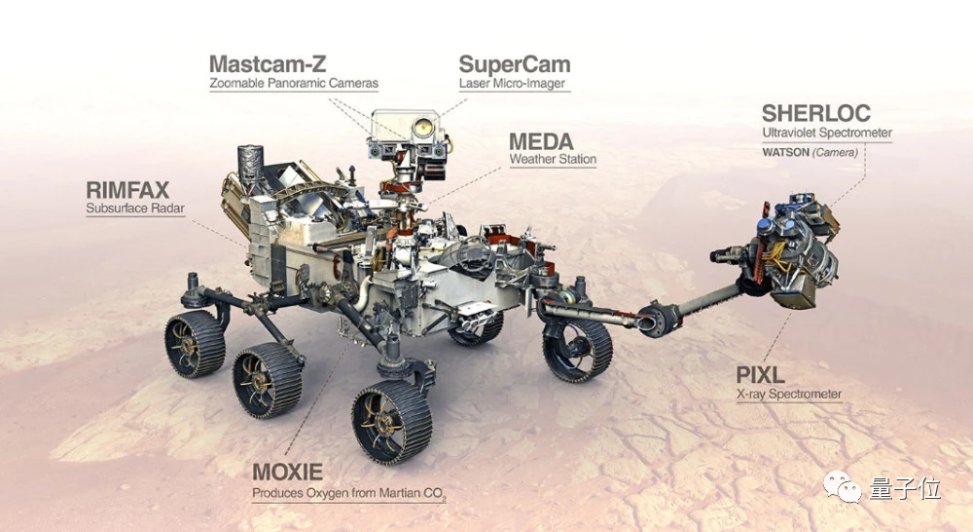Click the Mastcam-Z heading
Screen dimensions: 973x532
coord(268,64)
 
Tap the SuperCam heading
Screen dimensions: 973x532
coord(515,64)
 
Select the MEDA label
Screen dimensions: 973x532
coord(541,141)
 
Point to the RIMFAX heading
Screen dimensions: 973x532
coord(127,190)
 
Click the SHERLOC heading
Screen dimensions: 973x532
coord(816,113)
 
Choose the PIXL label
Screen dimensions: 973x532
coord(760,375)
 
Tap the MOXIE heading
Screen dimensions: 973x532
coord(287,473)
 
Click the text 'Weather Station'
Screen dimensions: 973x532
coord(553,159)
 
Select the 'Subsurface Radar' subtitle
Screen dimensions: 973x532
coord(135,209)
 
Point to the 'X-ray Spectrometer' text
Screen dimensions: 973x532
coord(789,394)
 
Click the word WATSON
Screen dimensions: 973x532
coord(785,152)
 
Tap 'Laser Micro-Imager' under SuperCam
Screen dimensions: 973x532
coord(512,83)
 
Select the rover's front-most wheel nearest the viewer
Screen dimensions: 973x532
coord(391,422)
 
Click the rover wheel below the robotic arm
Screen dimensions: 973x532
coord(577,349)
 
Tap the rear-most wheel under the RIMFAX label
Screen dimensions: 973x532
coord(195,344)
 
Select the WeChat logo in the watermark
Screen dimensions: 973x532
coord(842,486)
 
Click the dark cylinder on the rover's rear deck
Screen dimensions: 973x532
coord(250,166)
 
